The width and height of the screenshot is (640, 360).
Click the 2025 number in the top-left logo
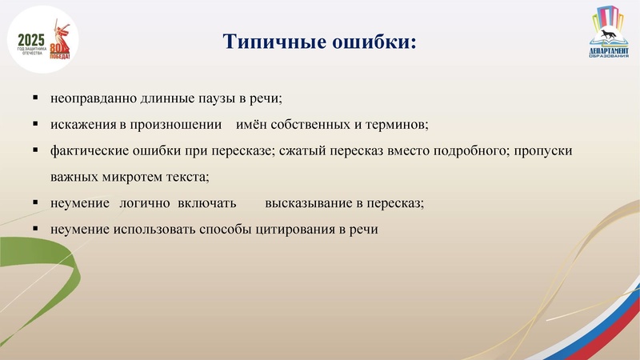30,40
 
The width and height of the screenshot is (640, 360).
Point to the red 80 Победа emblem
60,46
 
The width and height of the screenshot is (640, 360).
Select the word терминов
399,126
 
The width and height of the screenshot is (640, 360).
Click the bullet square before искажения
36,125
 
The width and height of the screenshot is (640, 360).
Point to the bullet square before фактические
36,150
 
